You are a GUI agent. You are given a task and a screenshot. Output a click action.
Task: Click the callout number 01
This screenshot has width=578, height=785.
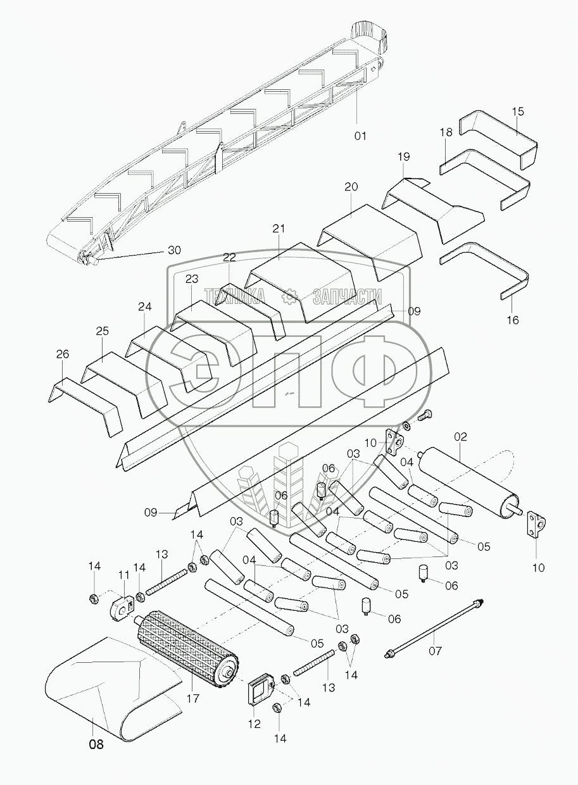click(x=360, y=135)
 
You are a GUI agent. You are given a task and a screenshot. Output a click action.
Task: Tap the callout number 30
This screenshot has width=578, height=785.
click(x=173, y=250)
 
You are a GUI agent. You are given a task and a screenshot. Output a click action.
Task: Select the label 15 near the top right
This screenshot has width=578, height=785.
click(x=518, y=111)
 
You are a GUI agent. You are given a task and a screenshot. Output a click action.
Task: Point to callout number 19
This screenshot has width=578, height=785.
click(x=405, y=156)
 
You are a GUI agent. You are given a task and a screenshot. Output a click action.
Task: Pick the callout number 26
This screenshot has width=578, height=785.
click(x=62, y=355)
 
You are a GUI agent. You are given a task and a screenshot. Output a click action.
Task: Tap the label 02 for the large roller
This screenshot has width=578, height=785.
click(x=460, y=436)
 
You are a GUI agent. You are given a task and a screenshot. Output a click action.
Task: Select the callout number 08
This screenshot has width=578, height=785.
click(x=96, y=744)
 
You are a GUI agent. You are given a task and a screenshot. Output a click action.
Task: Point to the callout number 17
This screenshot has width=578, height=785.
click(x=193, y=699)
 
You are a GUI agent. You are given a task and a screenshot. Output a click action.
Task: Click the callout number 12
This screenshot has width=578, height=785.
click(x=254, y=724)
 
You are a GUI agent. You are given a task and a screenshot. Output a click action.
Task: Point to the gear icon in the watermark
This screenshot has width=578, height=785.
click(x=290, y=294)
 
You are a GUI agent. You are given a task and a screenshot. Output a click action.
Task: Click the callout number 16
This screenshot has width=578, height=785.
click(x=513, y=320)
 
